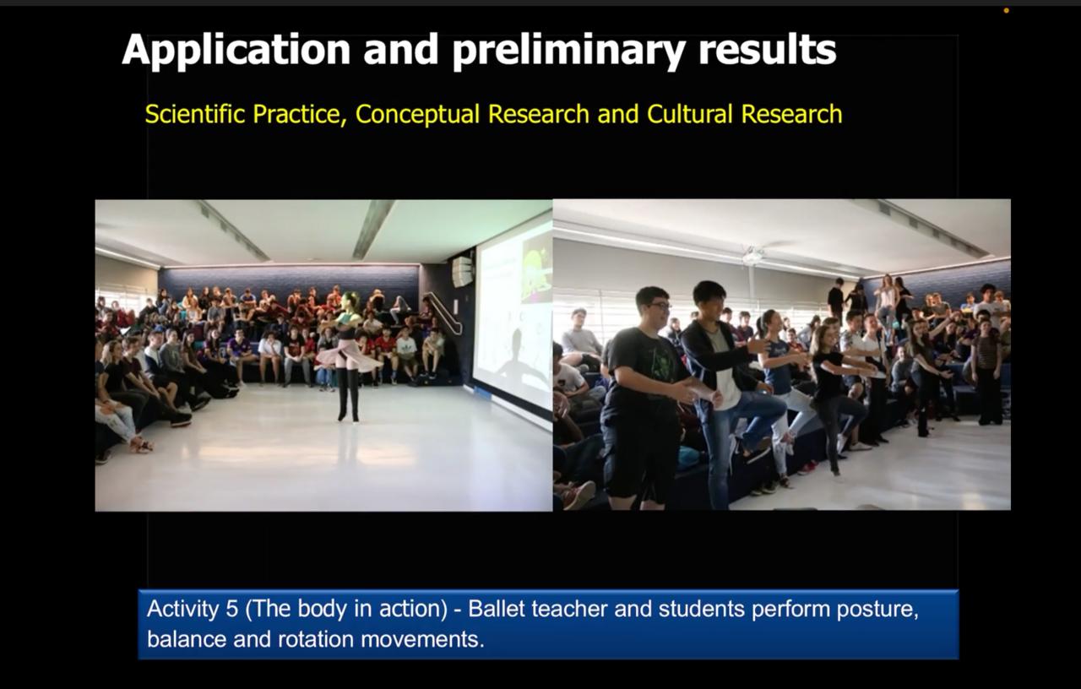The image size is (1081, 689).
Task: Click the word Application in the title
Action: click(x=236, y=50)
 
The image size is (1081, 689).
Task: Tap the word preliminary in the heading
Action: click(x=569, y=50)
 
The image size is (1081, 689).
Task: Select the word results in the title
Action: click(x=768, y=50)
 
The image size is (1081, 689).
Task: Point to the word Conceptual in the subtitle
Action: click(x=417, y=115)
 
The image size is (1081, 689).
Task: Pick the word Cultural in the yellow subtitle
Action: click(x=690, y=114)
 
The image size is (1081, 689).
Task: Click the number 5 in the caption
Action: click(x=231, y=609)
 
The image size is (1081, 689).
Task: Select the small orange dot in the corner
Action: click(x=1006, y=11)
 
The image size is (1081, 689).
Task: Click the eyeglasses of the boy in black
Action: click(x=659, y=306)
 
